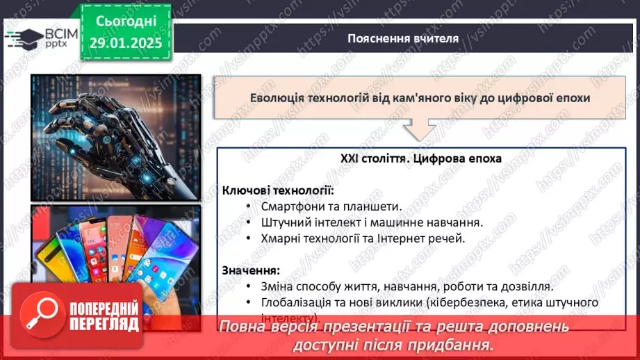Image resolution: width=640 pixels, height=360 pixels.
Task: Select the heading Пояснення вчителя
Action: pyautogui.click(x=402, y=38)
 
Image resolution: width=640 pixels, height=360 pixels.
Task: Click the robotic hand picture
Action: pyautogui.click(x=115, y=137)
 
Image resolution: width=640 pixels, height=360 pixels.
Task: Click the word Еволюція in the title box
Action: pyautogui.click(x=277, y=98)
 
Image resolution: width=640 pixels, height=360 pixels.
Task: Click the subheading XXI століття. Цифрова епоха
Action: pyautogui.click(x=421, y=158)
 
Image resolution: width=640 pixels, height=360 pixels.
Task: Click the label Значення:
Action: pyautogui.click(x=252, y=270)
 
